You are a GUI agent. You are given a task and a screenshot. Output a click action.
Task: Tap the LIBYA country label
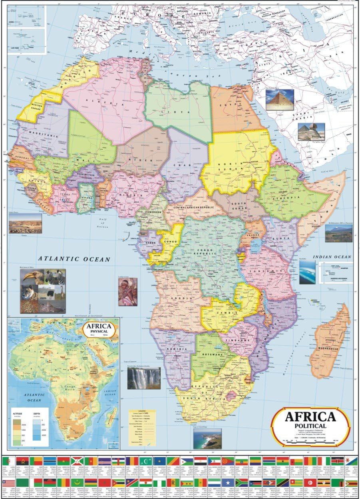click(179, 112)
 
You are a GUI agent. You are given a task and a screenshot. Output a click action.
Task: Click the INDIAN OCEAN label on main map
click(332, 257)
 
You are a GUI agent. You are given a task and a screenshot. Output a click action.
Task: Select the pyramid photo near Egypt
click(279, 99)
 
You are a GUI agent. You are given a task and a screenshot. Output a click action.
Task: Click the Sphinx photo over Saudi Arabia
click(311, 131)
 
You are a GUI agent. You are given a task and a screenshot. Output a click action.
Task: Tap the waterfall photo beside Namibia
click(144, 378)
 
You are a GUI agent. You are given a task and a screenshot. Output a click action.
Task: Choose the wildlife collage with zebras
click(43, 291)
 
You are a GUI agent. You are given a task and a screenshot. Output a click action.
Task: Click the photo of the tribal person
click(127, 292)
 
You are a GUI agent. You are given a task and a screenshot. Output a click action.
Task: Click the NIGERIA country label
click(134, 196)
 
